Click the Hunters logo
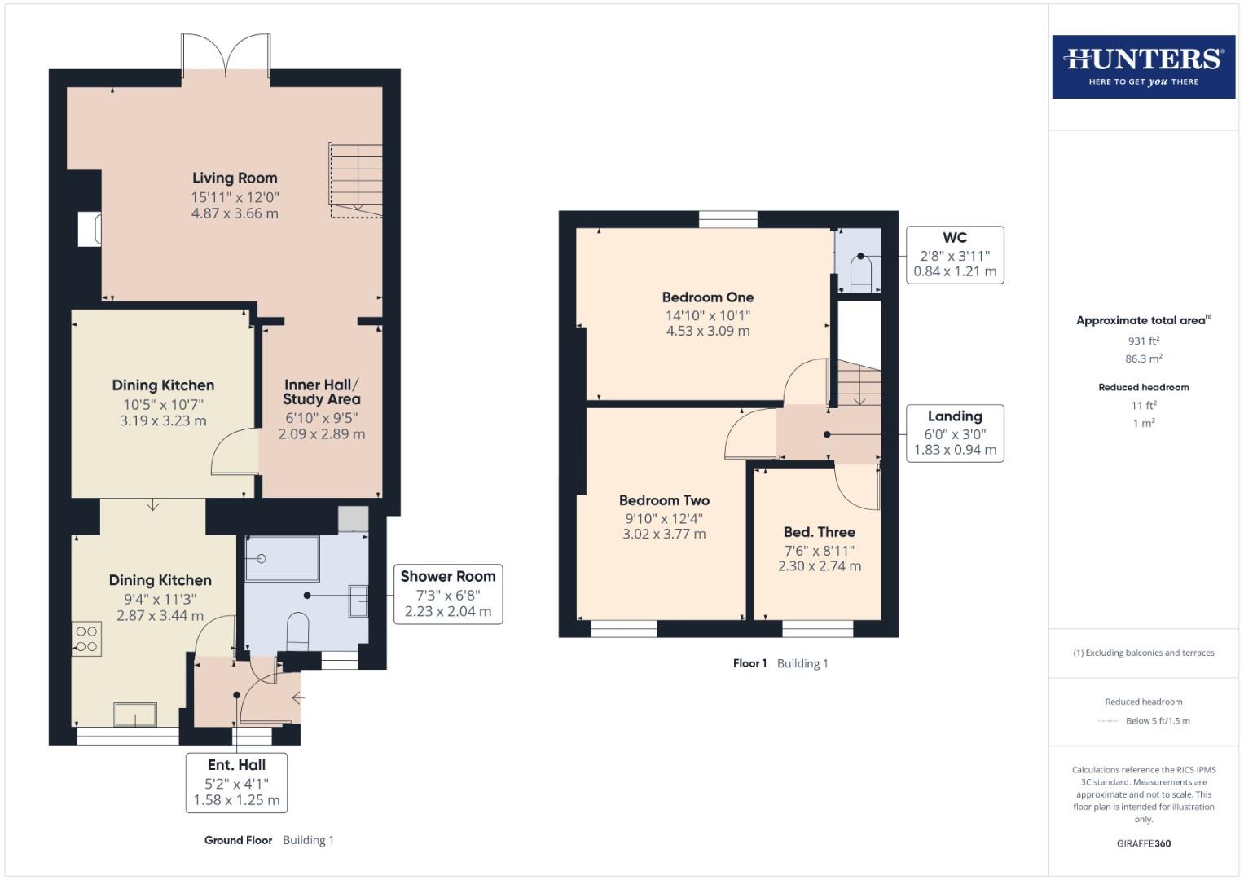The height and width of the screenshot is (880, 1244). pyautogui.click(x=1143, y=67)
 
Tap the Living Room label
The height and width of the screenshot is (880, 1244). pyautogui.click(x=235, y=178)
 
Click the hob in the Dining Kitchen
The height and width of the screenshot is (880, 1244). pyautogui.click(x=86, y=639)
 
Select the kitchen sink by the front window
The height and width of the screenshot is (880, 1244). pyautogui.click(x=135, y=714)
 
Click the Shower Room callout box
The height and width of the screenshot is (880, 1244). pyautogui.click(x=447, y=594)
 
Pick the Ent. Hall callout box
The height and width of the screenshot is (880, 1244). pyautogui.click(x=236, y=782)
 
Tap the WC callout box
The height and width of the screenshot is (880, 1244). pyautogui.click(x=955, y=255)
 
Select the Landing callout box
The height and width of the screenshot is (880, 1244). pyautogui.click(x=955, y=433)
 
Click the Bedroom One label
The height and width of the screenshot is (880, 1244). pyautogui.click(x=707, y=297)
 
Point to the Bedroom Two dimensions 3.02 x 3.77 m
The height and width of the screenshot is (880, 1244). pyautogui.click(x=664, y=535)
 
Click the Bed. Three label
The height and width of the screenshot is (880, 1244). pyautogui.click(x=819, y=532)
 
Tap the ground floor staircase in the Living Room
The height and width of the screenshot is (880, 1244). pyautogui.click(x=356, y=181)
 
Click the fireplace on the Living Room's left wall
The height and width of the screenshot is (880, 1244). pyautogui.click(x=89, y=229)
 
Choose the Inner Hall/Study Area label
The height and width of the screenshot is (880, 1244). pyautogui.click(x=321, y=392)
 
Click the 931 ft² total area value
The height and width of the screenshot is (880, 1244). pyautogui.click(x=1143, y=341)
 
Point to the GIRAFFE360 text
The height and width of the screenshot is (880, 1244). pyautogui.click(x=1143, y=843)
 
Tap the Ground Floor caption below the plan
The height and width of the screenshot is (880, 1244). pyautogui.click(x=238, y=840)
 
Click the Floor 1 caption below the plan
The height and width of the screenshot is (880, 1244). pyautogui.click(x=749, y=663)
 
